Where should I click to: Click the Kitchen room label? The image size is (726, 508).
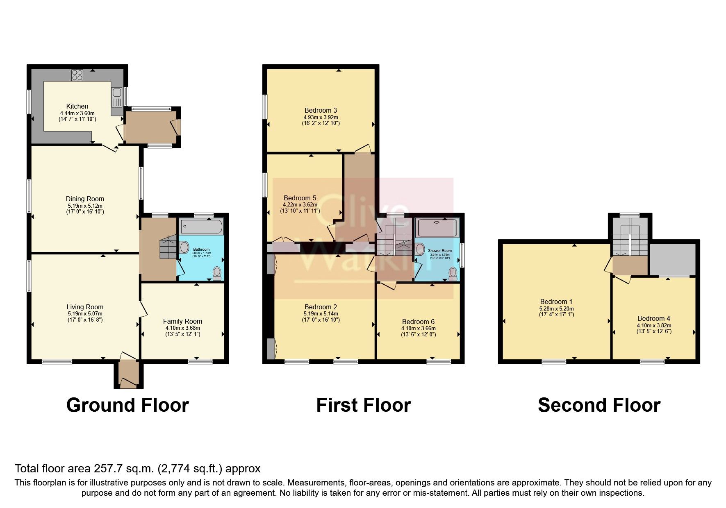[77, 107]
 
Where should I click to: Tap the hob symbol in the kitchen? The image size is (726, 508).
[77, 75]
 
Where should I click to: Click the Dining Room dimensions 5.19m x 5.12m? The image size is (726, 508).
[85, 206]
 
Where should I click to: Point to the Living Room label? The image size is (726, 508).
[85, 307]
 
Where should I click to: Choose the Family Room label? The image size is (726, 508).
[182, 321]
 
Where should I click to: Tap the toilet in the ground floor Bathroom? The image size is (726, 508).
[217, 272]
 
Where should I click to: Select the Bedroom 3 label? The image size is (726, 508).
[321, 110]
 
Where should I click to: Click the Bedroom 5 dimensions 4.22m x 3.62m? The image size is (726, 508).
[300, 204]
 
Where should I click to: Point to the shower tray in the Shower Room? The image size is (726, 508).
[437, 228]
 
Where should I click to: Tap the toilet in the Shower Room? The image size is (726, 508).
[453, 273]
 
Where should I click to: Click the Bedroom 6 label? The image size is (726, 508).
[418, 322]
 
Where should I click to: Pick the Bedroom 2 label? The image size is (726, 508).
[321, 307]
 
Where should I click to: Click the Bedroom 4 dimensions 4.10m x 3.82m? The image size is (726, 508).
[654, 325]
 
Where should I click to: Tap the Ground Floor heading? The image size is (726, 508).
[127, 405]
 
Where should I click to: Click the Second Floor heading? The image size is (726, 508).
[599, 405]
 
